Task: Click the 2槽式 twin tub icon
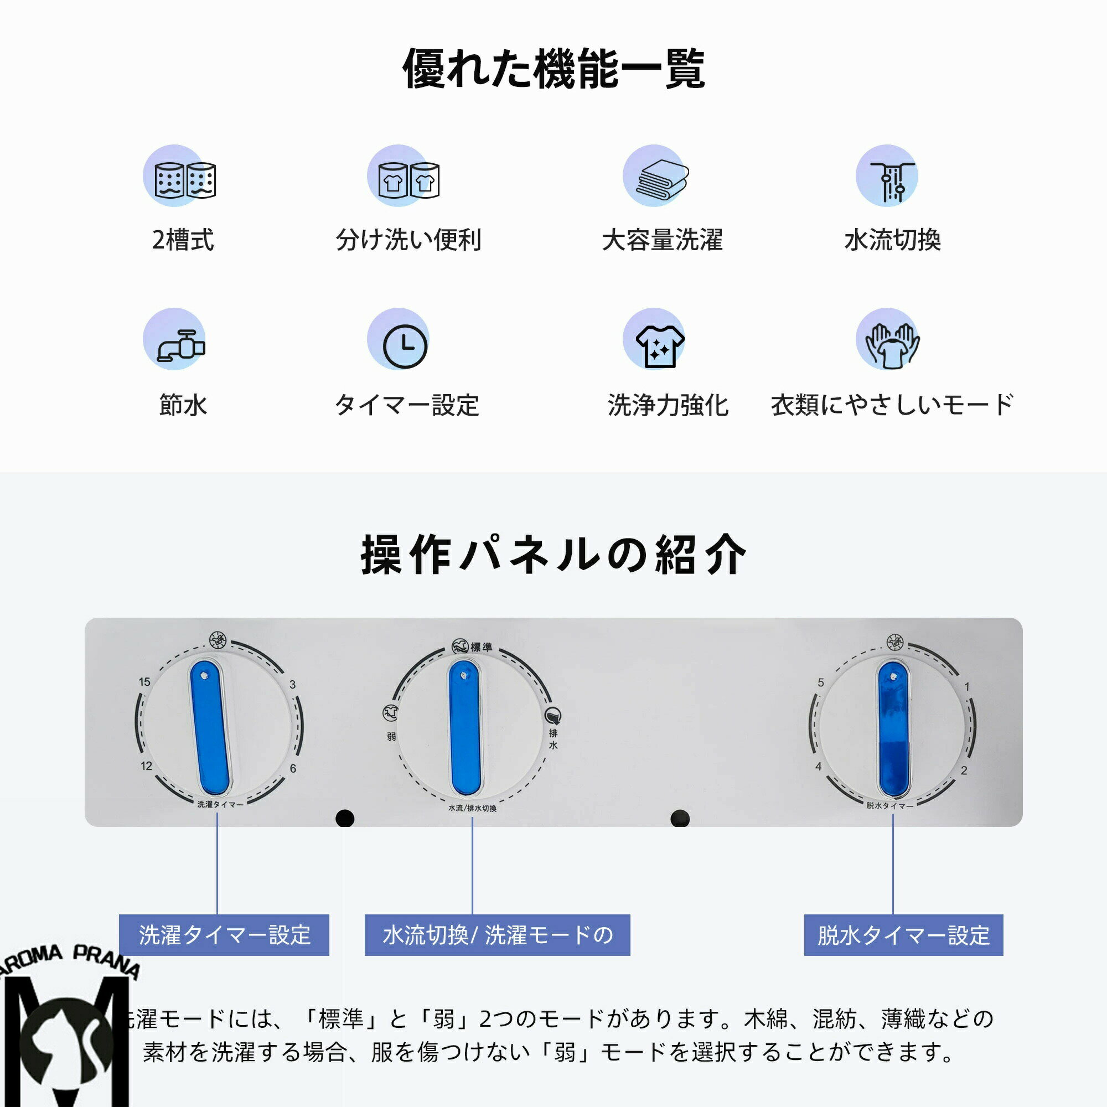tap(184, 179)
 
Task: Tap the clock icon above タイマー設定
tap(405, 345)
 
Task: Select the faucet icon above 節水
tap(180, 345)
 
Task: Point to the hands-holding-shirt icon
tap(892, 345)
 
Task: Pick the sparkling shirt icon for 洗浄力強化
tap(660, 345)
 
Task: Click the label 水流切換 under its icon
tap(892, 240)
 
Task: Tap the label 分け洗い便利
tap(408, 240)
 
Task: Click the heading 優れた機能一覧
tap(553, 69)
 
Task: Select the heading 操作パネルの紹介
tap(553, 555)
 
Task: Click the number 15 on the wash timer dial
tap(144, 682)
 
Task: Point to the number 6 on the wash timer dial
tap(293, 768)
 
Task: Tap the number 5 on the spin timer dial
tap(820, 682)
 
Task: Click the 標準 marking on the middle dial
tap(481, 647)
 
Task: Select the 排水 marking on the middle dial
tap(553, 739)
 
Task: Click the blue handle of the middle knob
tap(465, 728)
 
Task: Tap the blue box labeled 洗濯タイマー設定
tap(224, 934)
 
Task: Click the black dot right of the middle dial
tap(680, 818)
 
